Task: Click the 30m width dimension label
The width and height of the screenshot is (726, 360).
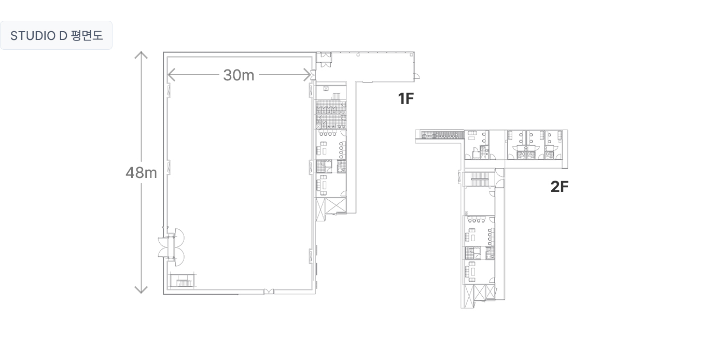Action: coord(239,75)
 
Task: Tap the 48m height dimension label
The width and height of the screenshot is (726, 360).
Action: coord(141,173)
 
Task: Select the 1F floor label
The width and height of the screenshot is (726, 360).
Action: coord(406,99)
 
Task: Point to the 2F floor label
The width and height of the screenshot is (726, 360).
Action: coord(560,187)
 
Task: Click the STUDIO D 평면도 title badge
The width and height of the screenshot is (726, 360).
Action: coord(56,35)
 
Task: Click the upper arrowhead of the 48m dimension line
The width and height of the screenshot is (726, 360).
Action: coord(141,55)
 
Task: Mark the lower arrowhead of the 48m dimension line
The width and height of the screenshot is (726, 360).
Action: coord(141,289)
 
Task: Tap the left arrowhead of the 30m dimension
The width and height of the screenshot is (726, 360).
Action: coord(172,75)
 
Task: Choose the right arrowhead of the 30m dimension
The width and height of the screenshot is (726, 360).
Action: coord(307,75)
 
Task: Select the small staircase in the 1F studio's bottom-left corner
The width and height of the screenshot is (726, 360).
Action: coord(183,281)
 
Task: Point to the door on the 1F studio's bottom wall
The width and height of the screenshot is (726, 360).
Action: coord(269,292)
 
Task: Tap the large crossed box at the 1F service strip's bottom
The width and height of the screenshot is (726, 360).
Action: coord(336,205)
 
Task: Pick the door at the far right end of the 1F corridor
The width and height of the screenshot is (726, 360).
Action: coord(417,76)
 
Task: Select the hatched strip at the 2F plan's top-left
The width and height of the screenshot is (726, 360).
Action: coord(442,134)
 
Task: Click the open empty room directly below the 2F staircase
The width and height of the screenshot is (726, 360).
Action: coord(479,201)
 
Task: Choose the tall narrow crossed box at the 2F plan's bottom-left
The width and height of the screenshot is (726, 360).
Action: coord(467,296)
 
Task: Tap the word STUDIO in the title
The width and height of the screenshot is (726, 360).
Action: coord(33,36)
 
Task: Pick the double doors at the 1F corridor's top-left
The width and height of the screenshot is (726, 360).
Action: coord(324,59)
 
